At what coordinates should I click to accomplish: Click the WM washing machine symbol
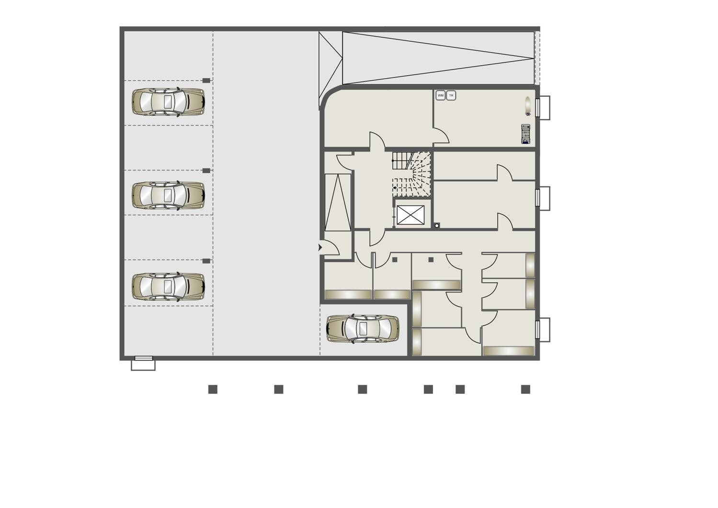441,95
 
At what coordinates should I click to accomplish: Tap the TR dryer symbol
451,95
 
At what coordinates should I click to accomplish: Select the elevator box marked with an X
410,215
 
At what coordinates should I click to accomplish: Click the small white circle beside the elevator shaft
436,226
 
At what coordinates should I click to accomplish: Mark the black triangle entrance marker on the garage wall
320,248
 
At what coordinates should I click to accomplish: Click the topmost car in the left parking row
169,102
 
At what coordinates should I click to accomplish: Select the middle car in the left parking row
169,196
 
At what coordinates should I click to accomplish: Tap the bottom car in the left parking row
169,287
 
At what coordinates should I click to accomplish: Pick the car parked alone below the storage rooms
363,329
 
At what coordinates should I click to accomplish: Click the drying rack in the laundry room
525,134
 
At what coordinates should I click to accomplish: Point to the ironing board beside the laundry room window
527,106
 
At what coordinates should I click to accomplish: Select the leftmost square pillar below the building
213,389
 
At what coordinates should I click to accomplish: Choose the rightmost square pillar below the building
525,389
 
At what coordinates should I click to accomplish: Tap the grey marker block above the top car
206,81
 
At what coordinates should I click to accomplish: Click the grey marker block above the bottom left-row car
206,261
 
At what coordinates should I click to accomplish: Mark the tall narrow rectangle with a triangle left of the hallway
338,202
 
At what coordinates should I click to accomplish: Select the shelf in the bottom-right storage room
509,351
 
